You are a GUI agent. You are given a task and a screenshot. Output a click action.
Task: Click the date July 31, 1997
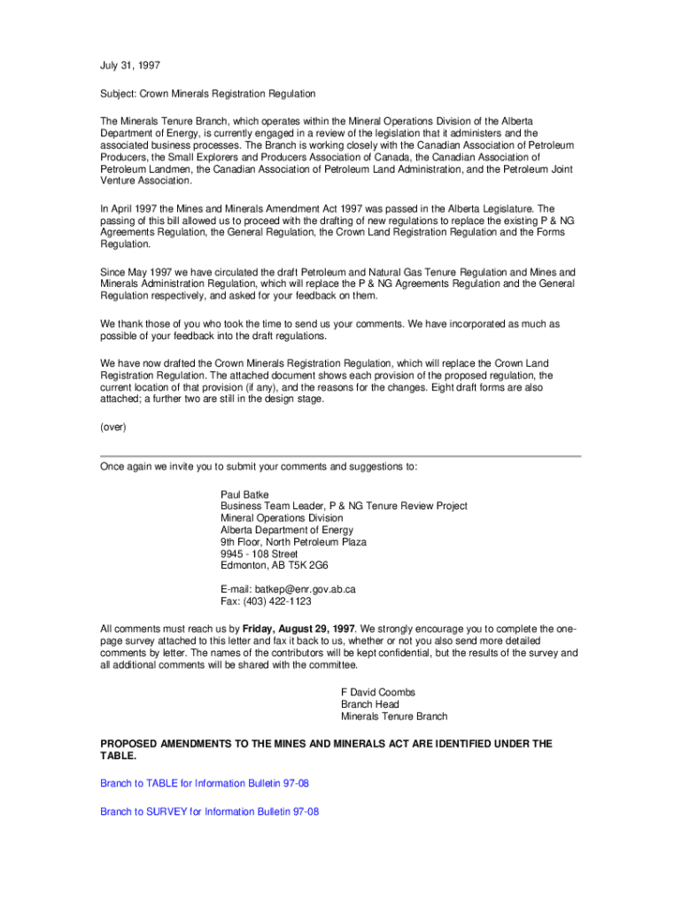coord(130,66)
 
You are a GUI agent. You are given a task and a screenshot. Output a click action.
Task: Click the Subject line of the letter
coord(207,93)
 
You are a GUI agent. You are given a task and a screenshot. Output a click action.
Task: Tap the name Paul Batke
coord(244,494)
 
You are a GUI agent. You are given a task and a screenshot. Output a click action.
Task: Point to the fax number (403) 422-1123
coord(277,601)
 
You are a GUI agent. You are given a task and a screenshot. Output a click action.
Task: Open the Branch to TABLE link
coord(204,784)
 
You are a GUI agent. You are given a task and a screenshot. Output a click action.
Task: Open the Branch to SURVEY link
coord(209,811)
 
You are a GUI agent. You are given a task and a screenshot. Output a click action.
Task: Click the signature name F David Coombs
coord(378,692)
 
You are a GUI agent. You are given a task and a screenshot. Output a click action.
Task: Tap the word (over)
coord(113,427)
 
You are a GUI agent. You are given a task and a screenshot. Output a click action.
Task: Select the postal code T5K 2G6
coord(306,565)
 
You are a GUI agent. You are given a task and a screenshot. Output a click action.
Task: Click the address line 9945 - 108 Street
coord(260,554)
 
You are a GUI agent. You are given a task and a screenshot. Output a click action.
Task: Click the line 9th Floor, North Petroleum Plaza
coord(293,542)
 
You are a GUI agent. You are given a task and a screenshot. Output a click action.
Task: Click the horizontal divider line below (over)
coord(340,456)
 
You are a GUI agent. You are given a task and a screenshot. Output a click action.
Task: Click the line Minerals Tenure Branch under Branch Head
coord(394,717)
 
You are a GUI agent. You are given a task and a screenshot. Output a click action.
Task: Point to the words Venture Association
coord(146,181)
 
